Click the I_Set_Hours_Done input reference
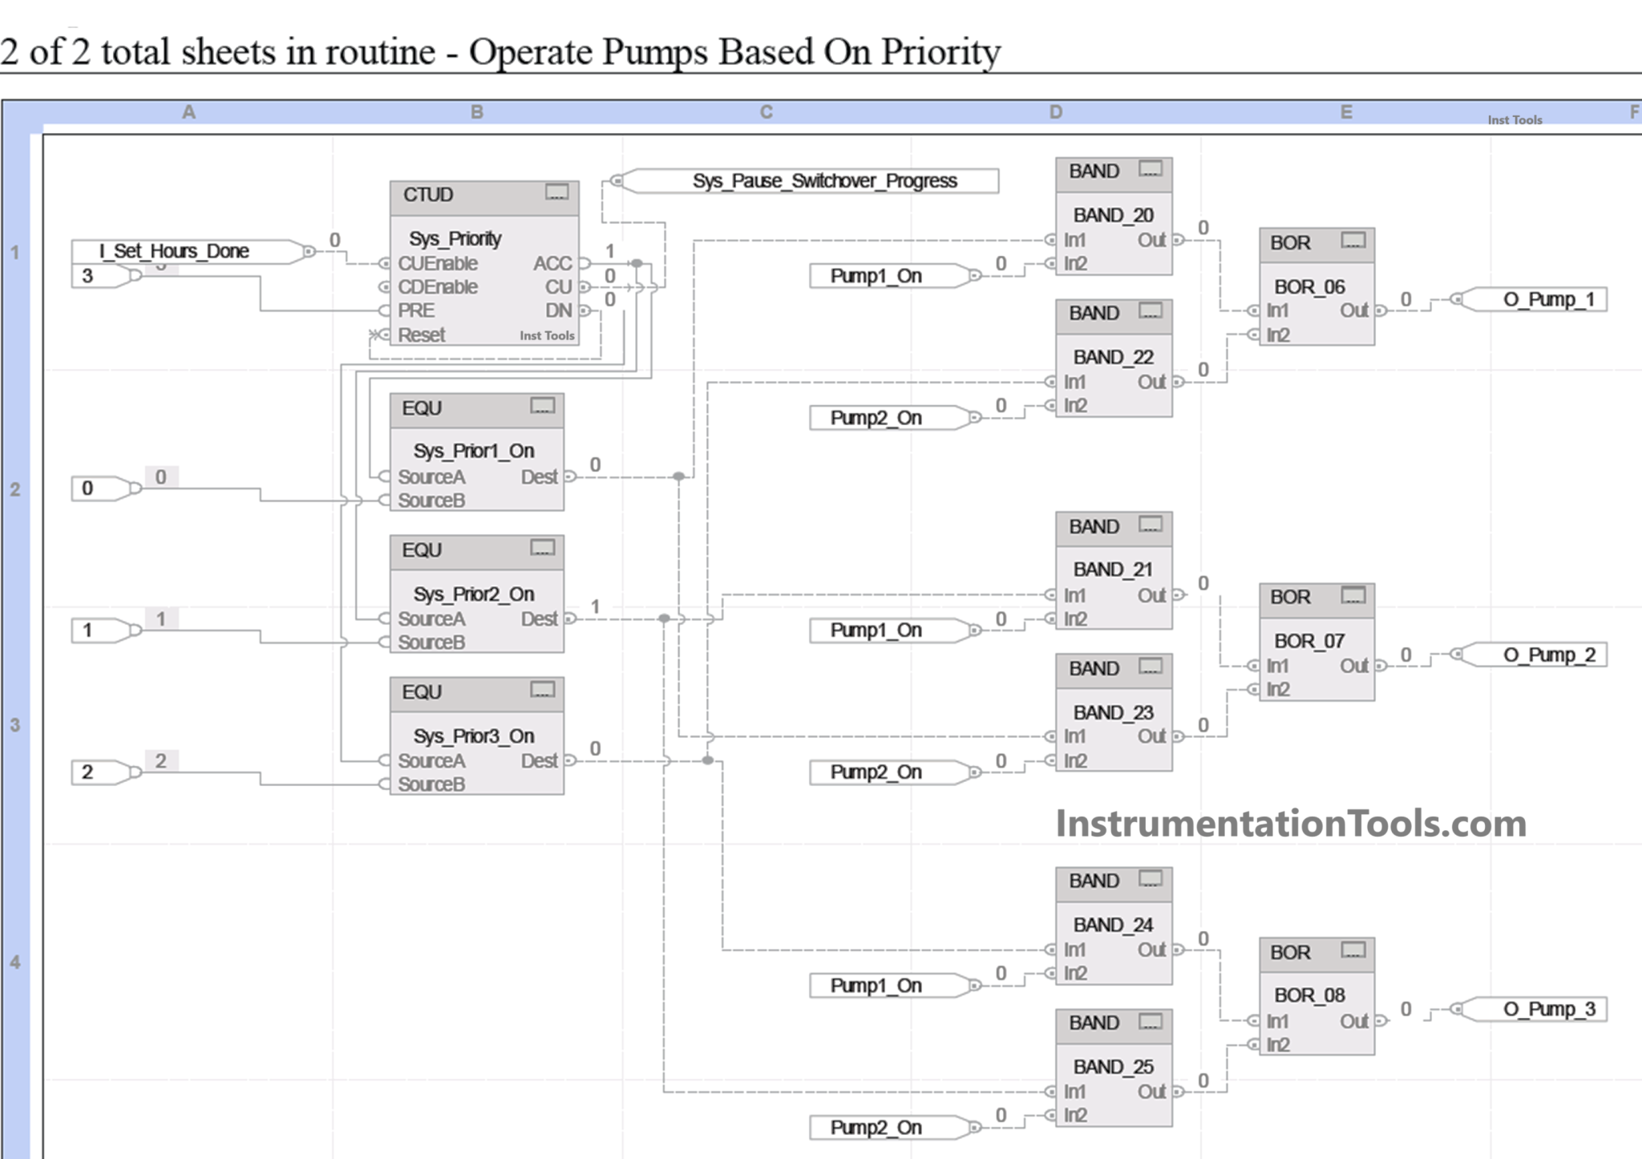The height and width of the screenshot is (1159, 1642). tap(174, 251)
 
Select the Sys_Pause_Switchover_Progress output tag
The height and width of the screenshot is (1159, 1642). tap(823, 180)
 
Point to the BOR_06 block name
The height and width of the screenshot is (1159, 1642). tap(1308, 287)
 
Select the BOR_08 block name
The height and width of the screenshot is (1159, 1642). tap(1308, 995)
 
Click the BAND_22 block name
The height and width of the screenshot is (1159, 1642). tap(1113, 358)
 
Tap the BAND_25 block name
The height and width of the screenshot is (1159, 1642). tap(1113, 1067)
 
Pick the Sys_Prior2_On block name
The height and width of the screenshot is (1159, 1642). tap(473, 594)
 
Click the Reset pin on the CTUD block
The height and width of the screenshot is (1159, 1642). tap(420, 335)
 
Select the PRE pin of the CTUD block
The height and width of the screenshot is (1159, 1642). tap(415, 311)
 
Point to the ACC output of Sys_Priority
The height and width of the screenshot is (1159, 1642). tap(553, 264)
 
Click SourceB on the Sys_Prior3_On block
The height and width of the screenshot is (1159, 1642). tap(431, 784)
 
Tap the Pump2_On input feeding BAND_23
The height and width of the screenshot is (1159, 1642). tap(876, 772)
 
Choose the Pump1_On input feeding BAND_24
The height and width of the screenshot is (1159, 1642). tap(876, 986)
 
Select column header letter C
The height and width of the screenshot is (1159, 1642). tap(766, 112)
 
